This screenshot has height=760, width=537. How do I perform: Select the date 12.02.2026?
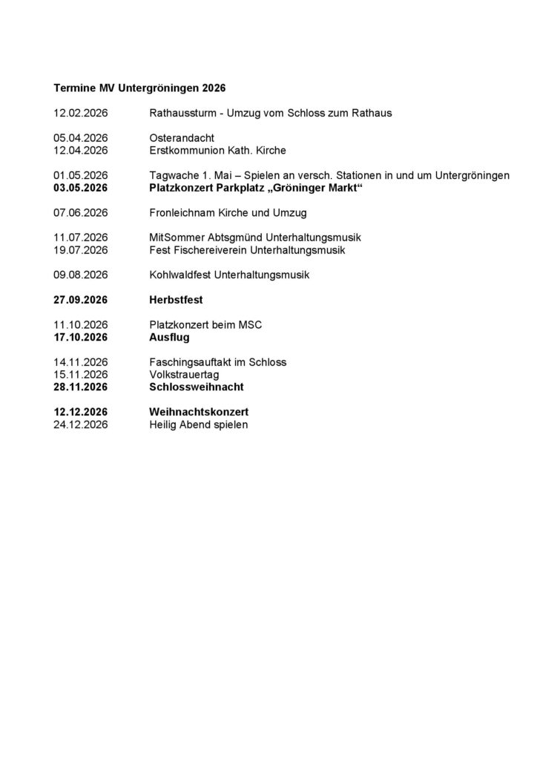[x=81, y=114]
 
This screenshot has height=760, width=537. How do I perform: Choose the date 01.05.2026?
[x=81, y=175]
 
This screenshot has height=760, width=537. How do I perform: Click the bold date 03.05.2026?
[x=81, y=189]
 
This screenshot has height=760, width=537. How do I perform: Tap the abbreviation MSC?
[x=251, y=325]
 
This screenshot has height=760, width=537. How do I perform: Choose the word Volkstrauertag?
[x=184, y=375]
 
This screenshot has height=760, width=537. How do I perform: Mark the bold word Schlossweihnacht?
[x=197, y=387]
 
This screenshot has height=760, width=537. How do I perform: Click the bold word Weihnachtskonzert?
[x=199, y=412]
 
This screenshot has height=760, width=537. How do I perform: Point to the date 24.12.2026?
[x=81, y=425]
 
